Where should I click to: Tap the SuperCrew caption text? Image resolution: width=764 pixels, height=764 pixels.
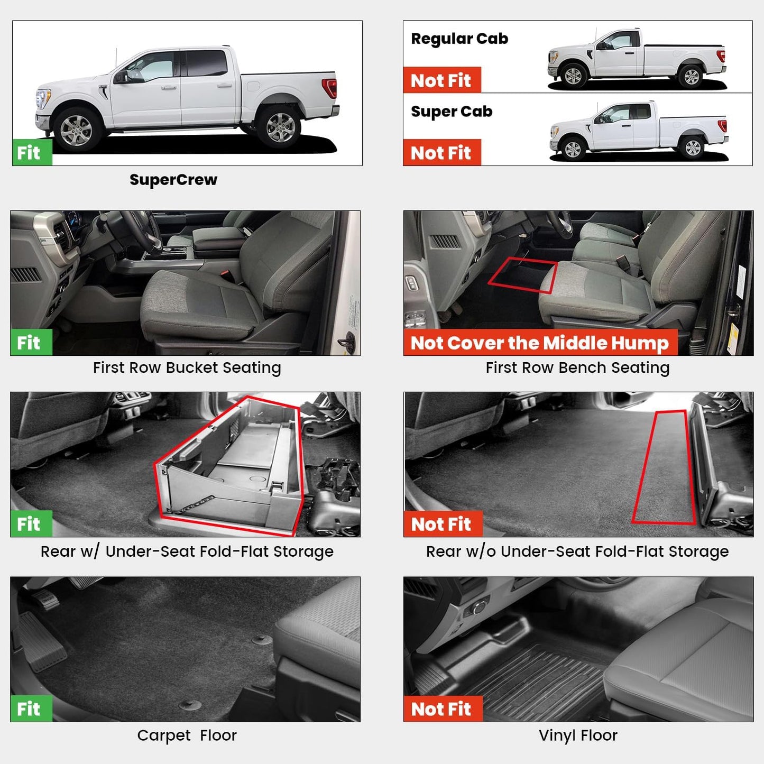click(x=173, y=180)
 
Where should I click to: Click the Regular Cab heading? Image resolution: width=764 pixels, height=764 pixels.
click(x=459, y=39)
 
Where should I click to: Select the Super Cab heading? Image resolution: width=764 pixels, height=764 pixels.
click(x=452, y=112)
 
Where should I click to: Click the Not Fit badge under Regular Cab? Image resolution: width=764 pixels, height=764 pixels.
click(x=441, y=80)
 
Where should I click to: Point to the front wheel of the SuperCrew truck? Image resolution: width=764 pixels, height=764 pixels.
click(x=77, y=130)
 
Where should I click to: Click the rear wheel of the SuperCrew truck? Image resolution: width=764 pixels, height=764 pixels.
click(x=280, y=127)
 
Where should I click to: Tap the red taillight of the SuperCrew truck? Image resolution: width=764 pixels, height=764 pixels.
click(x=329, y=88)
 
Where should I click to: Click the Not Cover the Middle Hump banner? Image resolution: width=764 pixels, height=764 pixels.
click(x=540, y=343)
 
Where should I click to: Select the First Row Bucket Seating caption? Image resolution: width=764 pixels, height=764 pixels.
click(x=187, y=367)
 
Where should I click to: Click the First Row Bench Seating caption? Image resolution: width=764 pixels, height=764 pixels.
click(x=577, y=367)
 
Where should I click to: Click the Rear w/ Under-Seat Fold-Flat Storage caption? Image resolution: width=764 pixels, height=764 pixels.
click(x=187, y=551)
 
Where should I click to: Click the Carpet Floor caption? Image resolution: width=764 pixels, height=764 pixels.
click(x=187, y=735)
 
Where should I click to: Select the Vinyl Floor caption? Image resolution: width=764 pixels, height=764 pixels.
click(x=578, y=735)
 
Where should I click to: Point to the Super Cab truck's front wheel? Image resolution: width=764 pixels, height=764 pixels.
click(x=573, y=149)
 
